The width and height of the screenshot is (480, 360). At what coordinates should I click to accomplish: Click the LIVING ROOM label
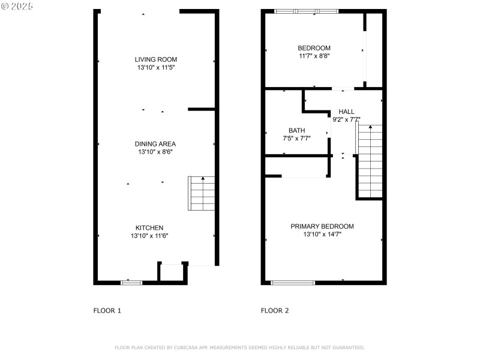(x=155, y=59)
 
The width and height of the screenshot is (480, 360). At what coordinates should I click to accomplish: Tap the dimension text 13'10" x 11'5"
(x=155, y=68)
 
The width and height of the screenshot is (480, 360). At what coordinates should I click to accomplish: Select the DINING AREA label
(x=155, y=144)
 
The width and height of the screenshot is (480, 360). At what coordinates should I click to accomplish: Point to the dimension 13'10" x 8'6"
(x=155, y=152)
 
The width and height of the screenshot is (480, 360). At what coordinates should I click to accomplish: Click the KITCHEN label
(x=149, y=228)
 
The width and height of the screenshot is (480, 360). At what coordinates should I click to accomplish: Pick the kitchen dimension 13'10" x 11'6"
(x=149, y=236)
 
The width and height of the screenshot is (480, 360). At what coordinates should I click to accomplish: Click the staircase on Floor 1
(x=202, y=193)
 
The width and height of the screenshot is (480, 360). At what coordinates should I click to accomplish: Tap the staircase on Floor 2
(x=370, y=160)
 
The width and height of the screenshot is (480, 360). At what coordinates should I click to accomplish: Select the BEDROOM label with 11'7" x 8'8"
(x=314, y=48)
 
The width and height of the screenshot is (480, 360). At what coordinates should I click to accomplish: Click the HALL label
(x=346, y=112)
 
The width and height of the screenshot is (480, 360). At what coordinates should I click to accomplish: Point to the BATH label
(x=296, y=130)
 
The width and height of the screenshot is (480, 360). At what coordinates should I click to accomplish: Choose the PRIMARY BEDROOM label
(x=322, y=226)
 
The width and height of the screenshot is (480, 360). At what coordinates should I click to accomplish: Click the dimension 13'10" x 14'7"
(x=322, y=235)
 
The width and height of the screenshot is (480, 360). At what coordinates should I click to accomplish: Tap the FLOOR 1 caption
(x=107, y=311)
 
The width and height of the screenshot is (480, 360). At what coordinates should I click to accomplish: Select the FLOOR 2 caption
(x=275, y=311)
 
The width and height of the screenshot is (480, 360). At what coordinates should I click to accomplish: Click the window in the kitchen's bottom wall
(x=131, y=282)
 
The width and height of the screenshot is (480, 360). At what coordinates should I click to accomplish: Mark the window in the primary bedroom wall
(x=293, y=282)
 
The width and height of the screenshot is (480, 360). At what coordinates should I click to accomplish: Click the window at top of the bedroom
(x=307, y=11)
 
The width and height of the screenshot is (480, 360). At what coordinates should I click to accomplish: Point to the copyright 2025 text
(x=17, y=5)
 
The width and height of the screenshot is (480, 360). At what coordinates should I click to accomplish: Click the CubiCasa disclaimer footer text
(x=239, y=347)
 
